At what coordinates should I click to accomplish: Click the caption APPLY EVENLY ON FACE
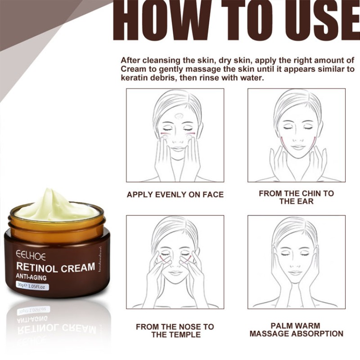175,194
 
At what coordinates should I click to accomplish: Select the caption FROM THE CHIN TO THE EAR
296,197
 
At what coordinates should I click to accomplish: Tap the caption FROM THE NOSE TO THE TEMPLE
175,330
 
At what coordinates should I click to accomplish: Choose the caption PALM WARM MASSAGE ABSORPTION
296,329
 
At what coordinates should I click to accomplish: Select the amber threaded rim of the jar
56,224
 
